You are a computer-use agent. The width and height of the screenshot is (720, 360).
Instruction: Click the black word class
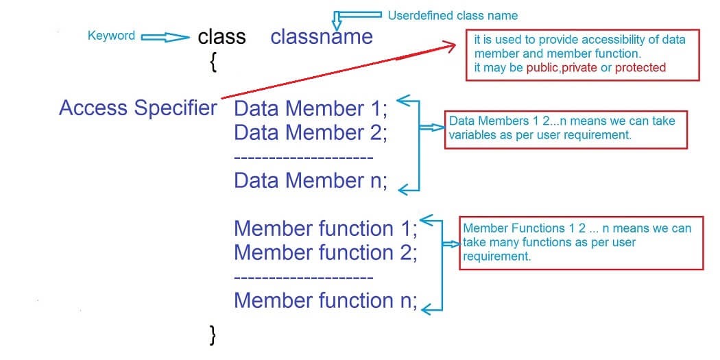pos(221,36)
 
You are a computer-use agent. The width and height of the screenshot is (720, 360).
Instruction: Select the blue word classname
pos(322,36)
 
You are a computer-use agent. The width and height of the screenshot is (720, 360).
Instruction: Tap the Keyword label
pos(111,36)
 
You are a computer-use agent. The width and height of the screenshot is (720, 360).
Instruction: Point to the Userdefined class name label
pos(453,15)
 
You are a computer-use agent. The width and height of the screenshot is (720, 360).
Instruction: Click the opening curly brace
pos(214,62)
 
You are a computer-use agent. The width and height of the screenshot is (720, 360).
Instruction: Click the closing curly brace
pos(213,334)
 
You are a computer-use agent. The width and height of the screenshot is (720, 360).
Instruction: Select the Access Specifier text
pos(138,108)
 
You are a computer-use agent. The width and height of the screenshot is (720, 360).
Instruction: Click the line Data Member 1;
pos(311,109)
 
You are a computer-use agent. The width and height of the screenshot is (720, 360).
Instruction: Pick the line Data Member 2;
pos(311,132)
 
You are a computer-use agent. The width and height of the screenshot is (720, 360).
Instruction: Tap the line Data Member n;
pos(311,180)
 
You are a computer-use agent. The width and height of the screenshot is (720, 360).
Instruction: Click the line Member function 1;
pos(325,228)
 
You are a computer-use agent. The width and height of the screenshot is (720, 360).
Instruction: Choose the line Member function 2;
pos(325,252)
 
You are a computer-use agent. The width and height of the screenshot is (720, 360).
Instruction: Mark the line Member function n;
pos(325,300)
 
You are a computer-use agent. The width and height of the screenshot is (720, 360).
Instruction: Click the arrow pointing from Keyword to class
pos(165,38)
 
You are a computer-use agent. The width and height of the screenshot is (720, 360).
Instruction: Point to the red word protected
pos(640,67)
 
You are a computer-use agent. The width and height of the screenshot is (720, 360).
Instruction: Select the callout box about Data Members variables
pos(566,128)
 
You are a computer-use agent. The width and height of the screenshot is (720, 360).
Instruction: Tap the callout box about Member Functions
pos(581,243)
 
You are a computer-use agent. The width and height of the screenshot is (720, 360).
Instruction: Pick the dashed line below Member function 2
pos(303,277)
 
